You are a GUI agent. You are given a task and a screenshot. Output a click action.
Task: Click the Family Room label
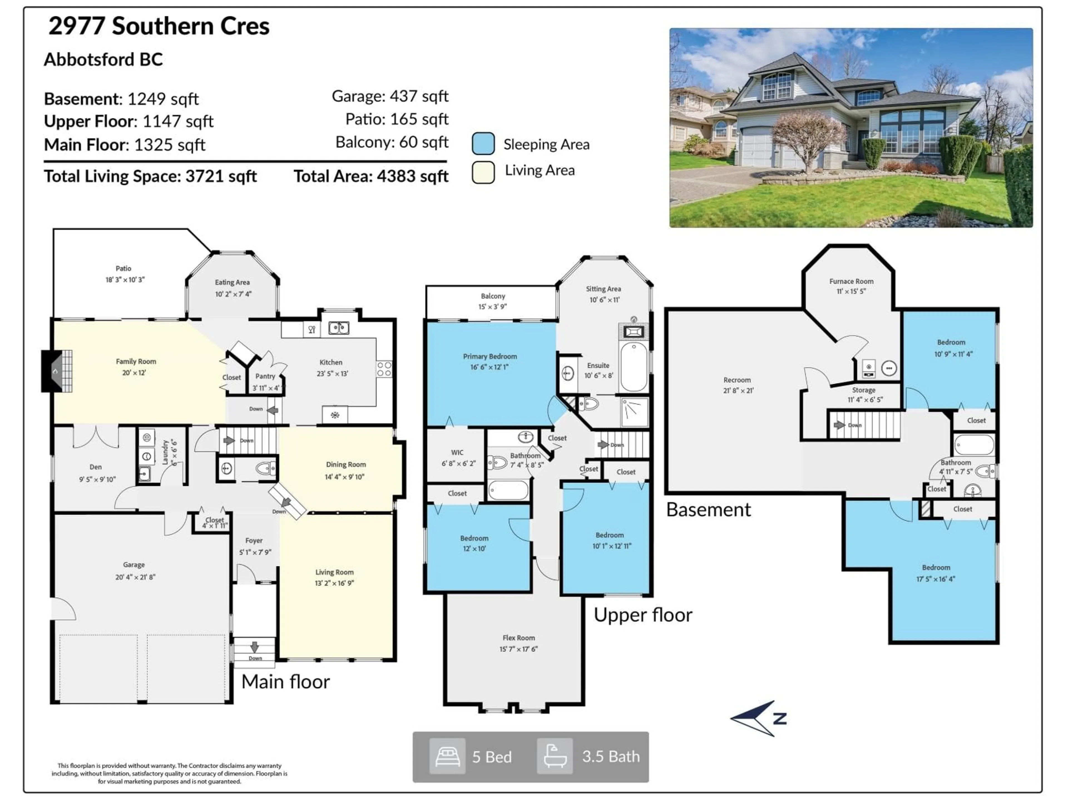click(136, 361)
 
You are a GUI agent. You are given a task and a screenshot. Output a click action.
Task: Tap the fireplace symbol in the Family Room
click(57, 371)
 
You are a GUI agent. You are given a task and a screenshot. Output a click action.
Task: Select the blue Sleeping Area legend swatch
click(483, 144)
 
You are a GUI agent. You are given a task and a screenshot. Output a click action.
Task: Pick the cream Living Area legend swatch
click(483, 172)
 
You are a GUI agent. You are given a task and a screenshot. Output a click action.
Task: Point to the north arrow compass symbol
click(758, 718)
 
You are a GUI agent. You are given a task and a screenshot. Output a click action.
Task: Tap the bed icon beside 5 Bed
click(447, 756)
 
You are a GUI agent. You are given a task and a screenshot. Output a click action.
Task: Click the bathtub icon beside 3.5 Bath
click(555, 756)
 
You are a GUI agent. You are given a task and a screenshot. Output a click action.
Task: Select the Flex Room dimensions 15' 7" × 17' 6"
click(518, 649)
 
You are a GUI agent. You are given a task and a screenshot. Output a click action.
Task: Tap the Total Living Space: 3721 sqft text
click(150, 176)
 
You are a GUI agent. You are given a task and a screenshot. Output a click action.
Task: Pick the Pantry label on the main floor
click(265, 376)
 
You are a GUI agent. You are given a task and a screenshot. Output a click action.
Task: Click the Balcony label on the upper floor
click(493, 296)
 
